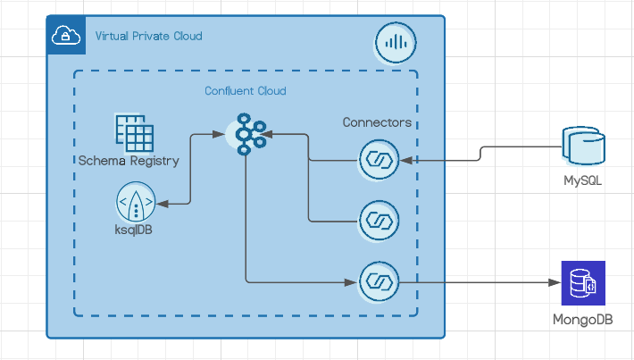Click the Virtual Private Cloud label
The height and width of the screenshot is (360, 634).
[x=148, y=37]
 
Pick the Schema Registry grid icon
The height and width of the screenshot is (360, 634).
[x=134, y=133]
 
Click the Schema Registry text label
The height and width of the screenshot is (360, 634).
[x=129, y=162]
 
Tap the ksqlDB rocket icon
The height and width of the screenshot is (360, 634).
[x=135, y=204]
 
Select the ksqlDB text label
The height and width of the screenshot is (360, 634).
[x=135, y=230]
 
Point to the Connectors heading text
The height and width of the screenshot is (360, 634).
[x=377, y=122]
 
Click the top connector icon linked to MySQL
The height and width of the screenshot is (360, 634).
[x=378, y=161]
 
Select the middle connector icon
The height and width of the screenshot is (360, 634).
[x=378, y=220]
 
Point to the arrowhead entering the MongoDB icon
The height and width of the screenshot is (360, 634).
[x=554, y=283]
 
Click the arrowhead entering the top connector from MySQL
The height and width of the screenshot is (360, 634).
[x=407, y=161]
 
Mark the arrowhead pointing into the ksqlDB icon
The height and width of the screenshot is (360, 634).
[x=161, y=204]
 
